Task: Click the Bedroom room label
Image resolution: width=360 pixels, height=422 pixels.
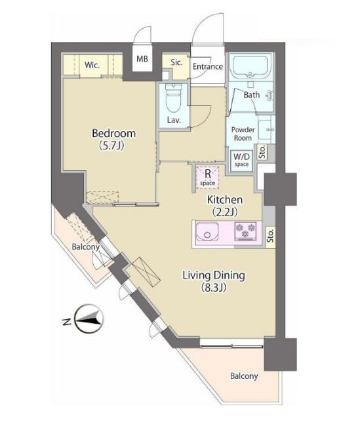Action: [x=113, y=133]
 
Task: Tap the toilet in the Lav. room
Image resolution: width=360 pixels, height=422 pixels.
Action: [x=174, y=98]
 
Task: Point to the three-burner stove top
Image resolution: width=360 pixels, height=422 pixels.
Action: [x=245, y=231]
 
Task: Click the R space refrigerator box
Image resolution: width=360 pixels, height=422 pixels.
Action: [x=207, y=177]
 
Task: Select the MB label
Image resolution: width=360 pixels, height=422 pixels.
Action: [x=142, y=59]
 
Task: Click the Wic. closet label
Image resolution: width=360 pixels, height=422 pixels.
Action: [x=92, y=65]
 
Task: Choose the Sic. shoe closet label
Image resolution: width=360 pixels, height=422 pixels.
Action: [x=176, y=62]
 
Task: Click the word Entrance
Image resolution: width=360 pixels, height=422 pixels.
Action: [x=208, y=66]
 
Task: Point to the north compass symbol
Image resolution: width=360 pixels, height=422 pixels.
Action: [x=89, y=319]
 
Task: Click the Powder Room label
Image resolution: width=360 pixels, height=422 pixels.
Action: [x=243, y=134]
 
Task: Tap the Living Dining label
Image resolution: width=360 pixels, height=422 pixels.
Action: [x=214, y=276]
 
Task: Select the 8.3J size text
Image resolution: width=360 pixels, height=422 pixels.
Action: [x=214, y=288]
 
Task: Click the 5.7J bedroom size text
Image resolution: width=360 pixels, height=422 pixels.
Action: [x=111, y=145]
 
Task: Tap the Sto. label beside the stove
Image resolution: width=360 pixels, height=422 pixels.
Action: [x=271, y=235]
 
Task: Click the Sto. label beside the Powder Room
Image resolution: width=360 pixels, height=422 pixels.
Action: [x=262, y=151]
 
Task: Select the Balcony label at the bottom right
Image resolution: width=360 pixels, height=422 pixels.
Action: [x=244, y=375]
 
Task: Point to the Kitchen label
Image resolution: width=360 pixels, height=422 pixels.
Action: [x=225, y=200]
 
